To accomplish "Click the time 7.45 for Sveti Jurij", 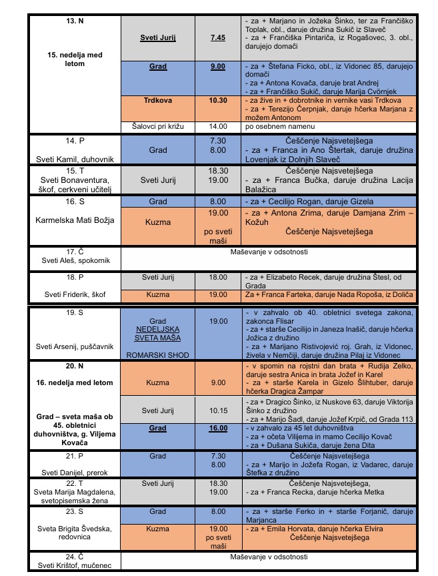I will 217,37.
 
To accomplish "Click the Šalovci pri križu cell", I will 157,126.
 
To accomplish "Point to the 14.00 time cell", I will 217,126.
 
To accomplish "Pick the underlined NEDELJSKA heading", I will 158,330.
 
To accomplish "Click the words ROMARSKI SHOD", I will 158,355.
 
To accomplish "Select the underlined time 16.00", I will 217,428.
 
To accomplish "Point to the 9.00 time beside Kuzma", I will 217,383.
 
